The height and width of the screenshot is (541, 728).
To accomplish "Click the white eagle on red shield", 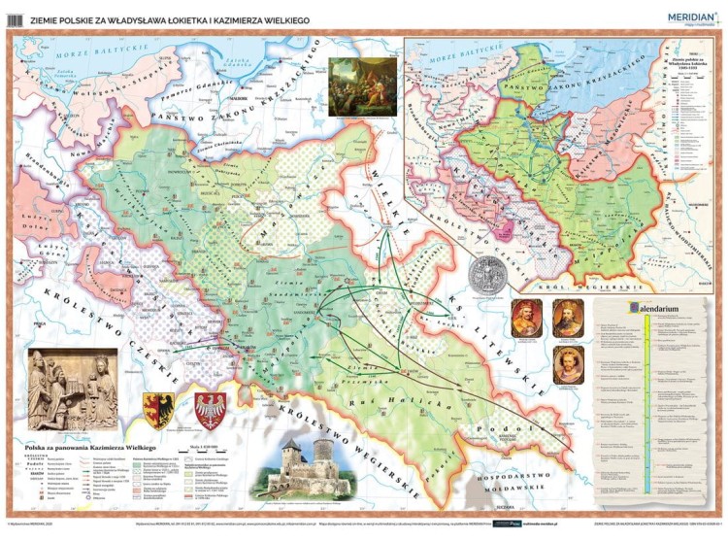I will point(210,410).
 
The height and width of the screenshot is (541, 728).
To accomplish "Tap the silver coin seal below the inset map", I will point(486,275).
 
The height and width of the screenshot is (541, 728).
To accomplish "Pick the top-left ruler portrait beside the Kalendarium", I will point(525,319).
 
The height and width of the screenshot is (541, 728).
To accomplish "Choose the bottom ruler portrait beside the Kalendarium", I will point(568,367).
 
